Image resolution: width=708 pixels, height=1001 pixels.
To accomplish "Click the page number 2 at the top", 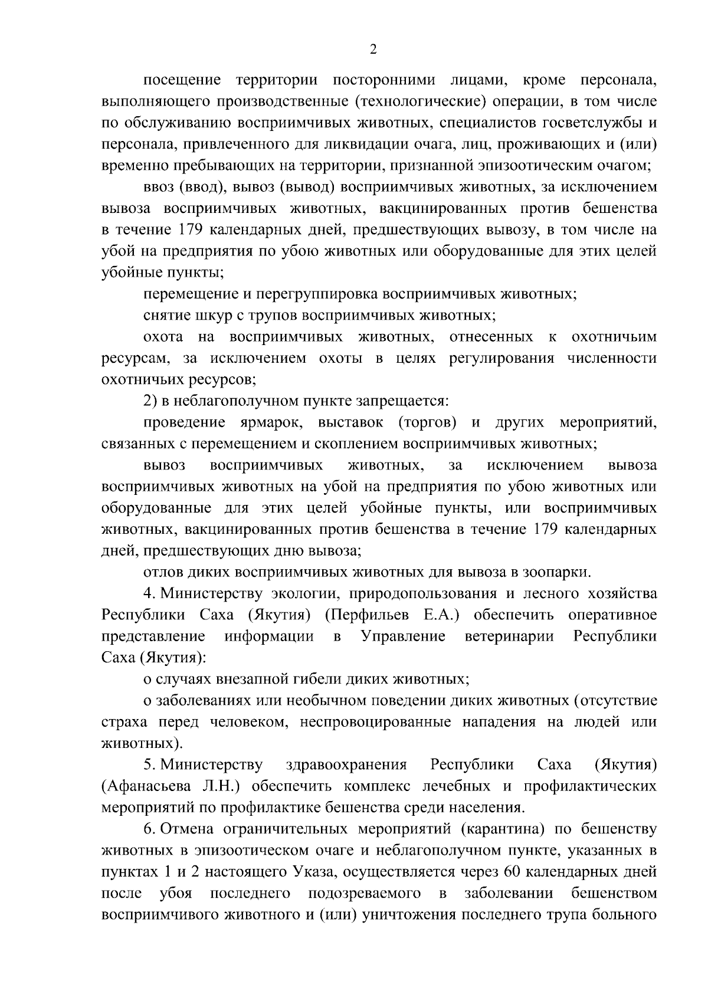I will coord(372,50).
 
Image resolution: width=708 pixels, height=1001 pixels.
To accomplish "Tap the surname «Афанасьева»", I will coord(156,786).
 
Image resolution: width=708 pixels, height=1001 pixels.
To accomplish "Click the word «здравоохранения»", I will coord(346,765).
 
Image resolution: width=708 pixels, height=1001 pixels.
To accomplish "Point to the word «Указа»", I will coord(314,872).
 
